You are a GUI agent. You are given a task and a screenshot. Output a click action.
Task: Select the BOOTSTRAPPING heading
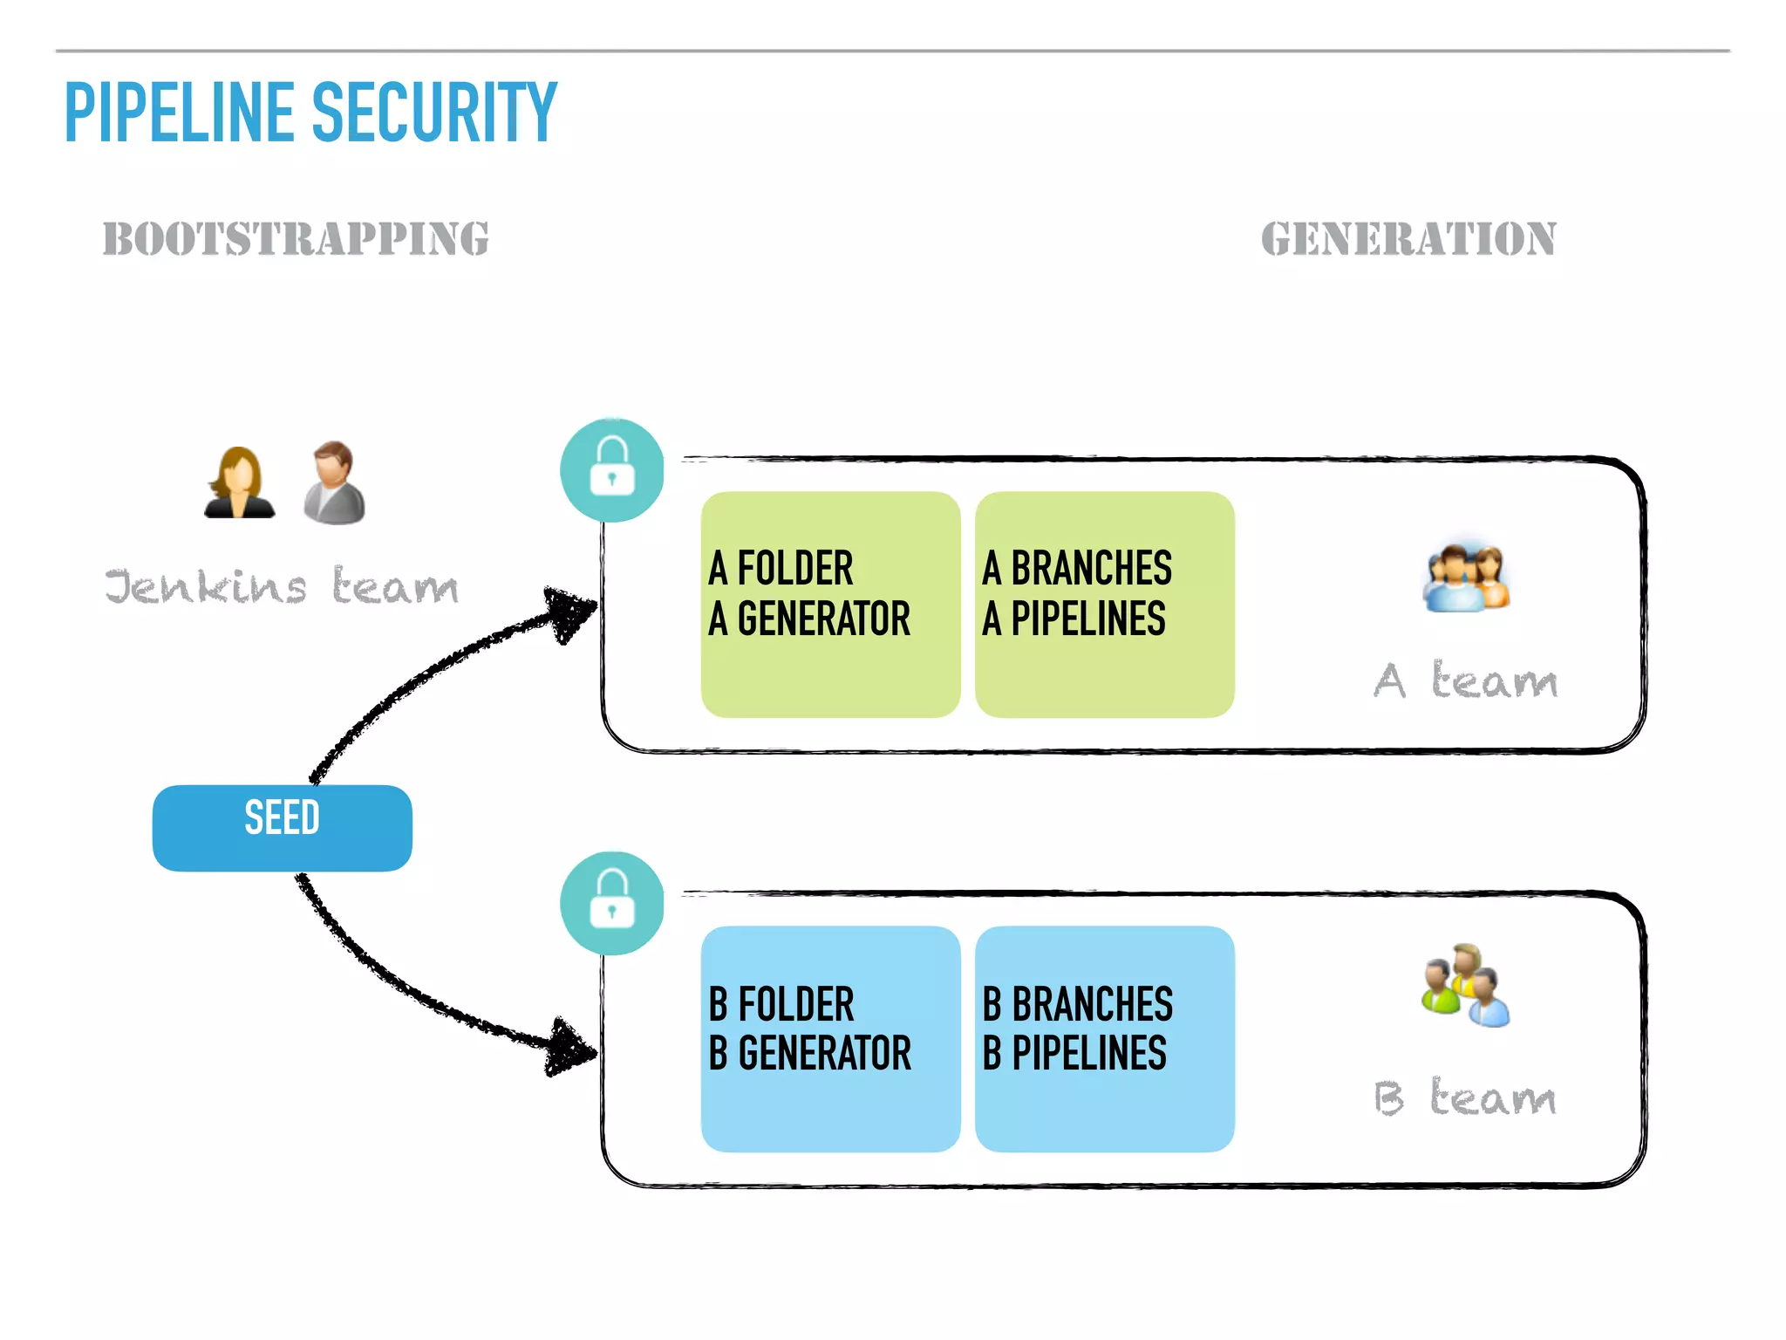[296, 239]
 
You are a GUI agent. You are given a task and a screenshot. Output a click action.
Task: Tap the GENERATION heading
[1408, 239]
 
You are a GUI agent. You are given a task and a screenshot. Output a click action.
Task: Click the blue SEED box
[282, 827]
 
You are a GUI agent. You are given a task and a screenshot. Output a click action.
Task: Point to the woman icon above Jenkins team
[239, 483]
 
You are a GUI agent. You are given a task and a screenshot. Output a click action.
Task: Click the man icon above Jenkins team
[334, 482]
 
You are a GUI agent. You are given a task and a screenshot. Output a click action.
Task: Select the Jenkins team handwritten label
[281, 585]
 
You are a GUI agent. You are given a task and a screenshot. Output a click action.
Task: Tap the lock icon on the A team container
[612, 470]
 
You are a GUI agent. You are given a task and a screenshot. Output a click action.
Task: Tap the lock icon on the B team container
[612, 903]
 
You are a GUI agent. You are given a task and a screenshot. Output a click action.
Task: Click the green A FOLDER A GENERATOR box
[830, 604]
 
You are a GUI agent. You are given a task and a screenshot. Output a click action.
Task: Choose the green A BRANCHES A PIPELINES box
[1104, 604]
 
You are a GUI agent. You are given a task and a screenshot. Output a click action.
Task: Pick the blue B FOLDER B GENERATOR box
[830, 1038]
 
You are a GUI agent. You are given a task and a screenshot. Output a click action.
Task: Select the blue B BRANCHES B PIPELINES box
[1104, 1038]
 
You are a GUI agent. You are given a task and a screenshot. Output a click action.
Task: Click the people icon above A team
[1467, 578]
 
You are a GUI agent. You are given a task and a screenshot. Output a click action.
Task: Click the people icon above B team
[1465, 986]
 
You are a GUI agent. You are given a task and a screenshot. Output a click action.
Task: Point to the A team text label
[1465, 680]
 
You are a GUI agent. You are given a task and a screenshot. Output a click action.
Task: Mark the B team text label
[1465, 1097]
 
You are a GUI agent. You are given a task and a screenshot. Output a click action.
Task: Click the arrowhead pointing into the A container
[571, 612]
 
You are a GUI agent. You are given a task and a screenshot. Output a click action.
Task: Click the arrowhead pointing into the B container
[571, 1047]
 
